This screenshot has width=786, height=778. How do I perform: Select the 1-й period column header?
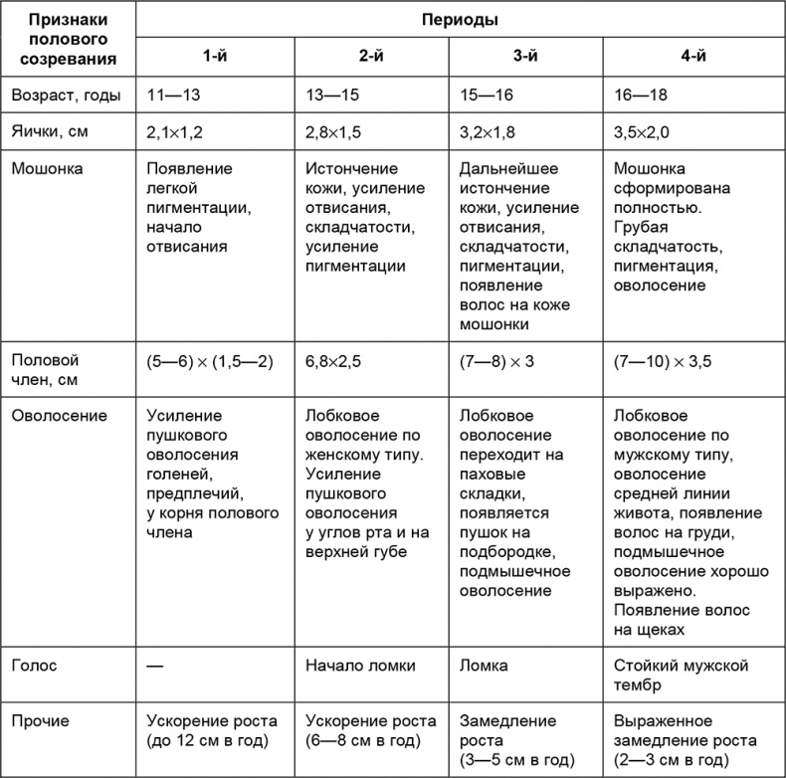point(214,57)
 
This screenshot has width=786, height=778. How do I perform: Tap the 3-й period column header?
point(526,57)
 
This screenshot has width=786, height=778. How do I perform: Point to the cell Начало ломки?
point(361,666)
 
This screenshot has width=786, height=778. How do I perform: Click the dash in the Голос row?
point(154,666)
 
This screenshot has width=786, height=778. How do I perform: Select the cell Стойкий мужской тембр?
point(679,676)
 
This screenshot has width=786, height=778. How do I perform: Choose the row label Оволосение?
point(58,415)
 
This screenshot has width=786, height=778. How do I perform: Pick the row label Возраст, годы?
point(66,97)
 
